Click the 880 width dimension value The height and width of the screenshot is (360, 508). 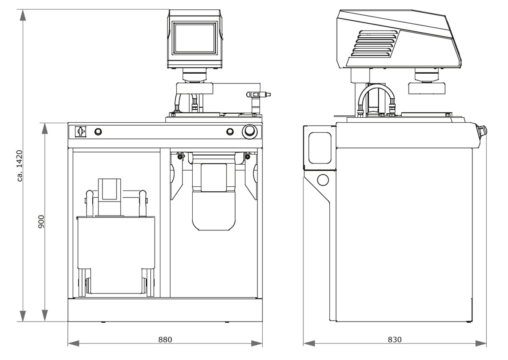pos(165,339)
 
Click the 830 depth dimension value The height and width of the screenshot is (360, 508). pos(394,339)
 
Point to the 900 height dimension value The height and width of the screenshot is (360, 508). pos(41,222)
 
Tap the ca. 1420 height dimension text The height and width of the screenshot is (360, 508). pos(19,166)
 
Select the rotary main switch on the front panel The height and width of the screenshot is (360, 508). pos(79,132)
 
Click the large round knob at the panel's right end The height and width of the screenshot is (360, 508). pos(249,132)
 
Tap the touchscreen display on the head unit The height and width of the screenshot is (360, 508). pos(195,38)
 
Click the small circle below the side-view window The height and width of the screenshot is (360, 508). pos(323,180)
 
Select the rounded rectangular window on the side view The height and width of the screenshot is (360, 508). pos(320,147)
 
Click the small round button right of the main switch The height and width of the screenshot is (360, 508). pos(98,132)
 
